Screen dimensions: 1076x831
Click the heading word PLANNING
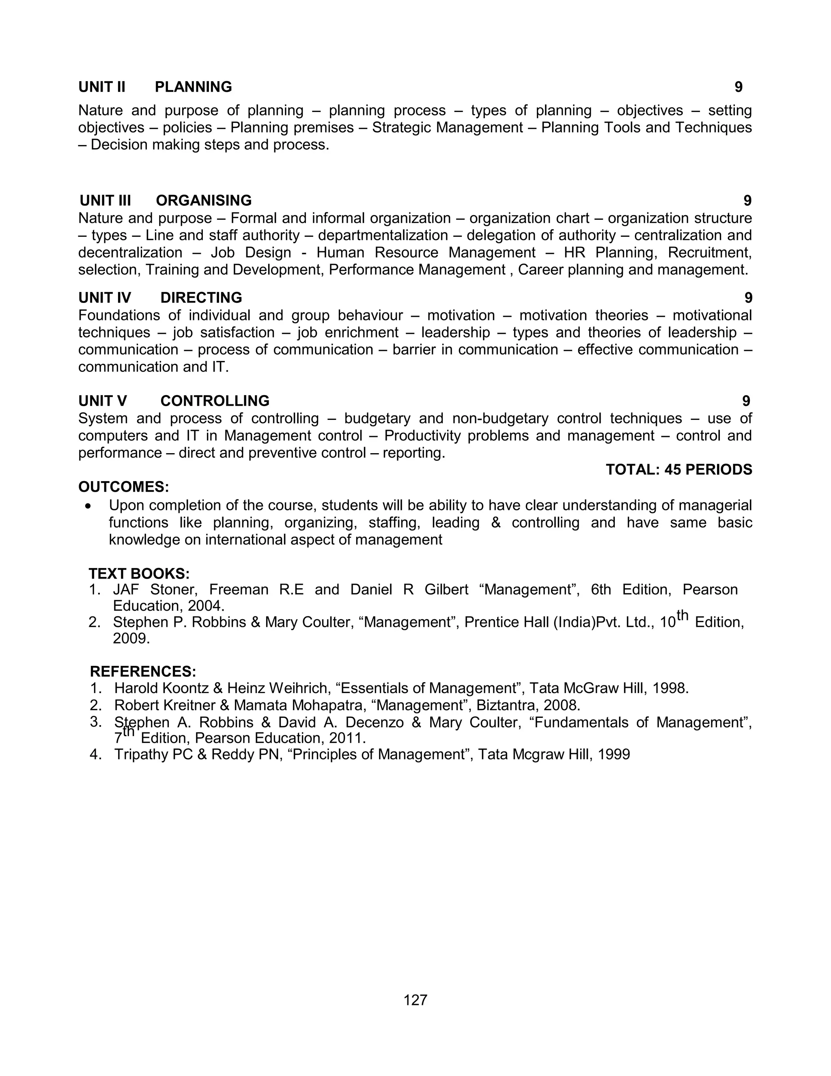coord(193,87)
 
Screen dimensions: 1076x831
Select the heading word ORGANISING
coord(203,201)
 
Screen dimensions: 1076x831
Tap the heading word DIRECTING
coord(201,298)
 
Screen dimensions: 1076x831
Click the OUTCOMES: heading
coord(124,487)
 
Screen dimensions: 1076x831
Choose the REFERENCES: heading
coord(143,672)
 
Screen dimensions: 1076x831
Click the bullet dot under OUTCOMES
coord(88,506)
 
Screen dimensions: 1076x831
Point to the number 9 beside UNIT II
coord(738,87)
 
